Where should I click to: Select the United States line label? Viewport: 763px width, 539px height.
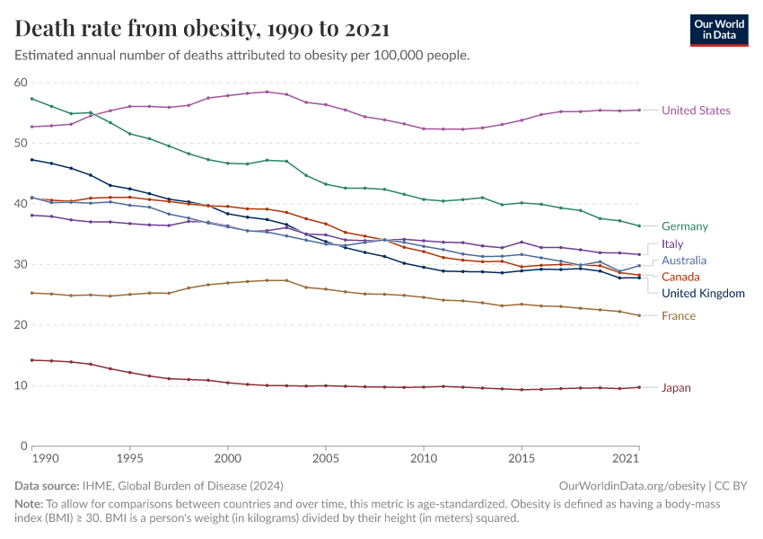coord(696,110)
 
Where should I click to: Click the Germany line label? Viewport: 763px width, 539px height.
coord(685,226)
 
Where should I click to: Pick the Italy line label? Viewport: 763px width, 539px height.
coord(672,243)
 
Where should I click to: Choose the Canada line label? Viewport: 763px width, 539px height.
coord(680,277)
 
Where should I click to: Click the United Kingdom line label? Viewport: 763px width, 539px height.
coord(703,293)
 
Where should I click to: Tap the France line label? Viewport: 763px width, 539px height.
coord(679,315)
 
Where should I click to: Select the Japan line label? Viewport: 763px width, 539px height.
coord(677,388)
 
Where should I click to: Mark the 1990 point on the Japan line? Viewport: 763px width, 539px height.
coord(32,360)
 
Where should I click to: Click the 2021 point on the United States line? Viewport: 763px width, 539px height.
coord(638,110)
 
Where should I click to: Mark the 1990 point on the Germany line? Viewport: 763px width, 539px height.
coord(32,98)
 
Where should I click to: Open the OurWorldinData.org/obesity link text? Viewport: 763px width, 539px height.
coord(627,485)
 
